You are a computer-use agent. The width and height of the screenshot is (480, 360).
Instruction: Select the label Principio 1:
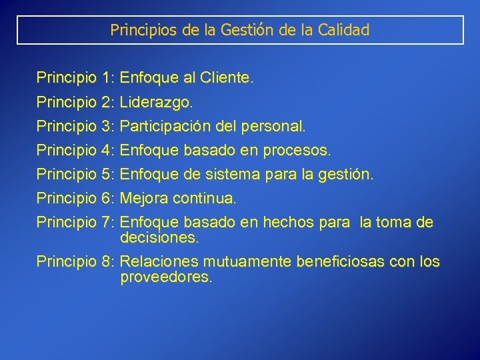[x=77, y=79]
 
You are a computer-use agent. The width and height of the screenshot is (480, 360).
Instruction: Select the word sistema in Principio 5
[x=223, y=175]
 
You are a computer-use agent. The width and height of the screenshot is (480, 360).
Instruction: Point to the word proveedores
[x=166, y=277]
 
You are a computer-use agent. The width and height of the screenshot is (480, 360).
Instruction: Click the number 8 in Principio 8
[x=108, y=262]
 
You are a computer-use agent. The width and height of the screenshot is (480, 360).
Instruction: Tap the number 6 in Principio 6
[x=108, y=198]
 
